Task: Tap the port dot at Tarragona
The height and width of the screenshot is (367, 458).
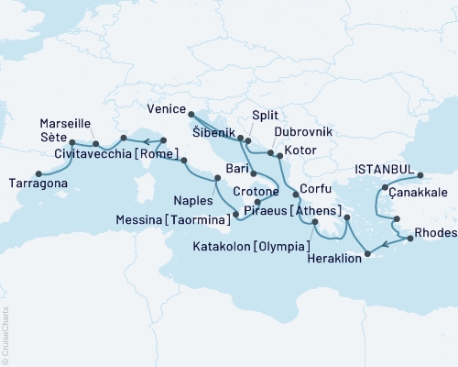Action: coord(38,172)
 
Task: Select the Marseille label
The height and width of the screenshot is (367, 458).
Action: coord(66,122)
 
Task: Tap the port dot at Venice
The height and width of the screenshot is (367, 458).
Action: coord(191,114)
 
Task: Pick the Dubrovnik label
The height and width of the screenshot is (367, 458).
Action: coord(296,132)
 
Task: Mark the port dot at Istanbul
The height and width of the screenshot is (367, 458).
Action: coord(420,175)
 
